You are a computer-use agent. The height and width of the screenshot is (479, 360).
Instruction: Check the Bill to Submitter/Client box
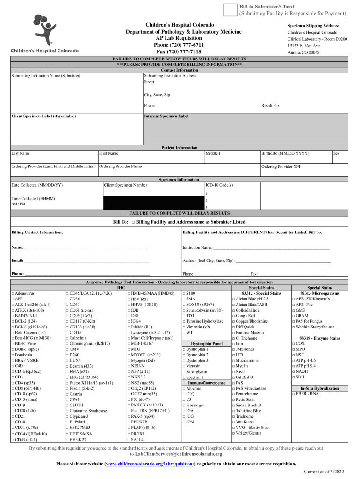pyautogui.click(x=230, y=9)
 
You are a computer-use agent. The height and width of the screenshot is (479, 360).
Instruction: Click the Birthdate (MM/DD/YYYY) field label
pyautogui.click(x=285, y=153)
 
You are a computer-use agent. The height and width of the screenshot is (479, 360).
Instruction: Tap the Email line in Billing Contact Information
pyautogui.click(x=79, y=260)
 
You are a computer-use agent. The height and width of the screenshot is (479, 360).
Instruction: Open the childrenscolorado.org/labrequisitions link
pyautogui.click(x=151, y=464)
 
